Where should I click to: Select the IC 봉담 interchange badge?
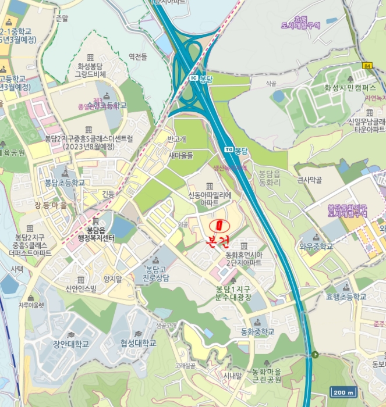click(x=201, y=77)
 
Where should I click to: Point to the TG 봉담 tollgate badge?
click(x=236, y=150)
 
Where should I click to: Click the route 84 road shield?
click(x=366, y=65)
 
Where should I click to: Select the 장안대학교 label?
click(x=71, y=344)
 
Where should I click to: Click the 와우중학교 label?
click(x=314, y=246)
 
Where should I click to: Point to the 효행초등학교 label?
click(x=346, y=297)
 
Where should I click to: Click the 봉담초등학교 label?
click(x=65, y=183)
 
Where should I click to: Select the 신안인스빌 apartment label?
click(x=80, y=288)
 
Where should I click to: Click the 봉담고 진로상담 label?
click(x=157, y=274)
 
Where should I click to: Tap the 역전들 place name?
click(x=138, y=56)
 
